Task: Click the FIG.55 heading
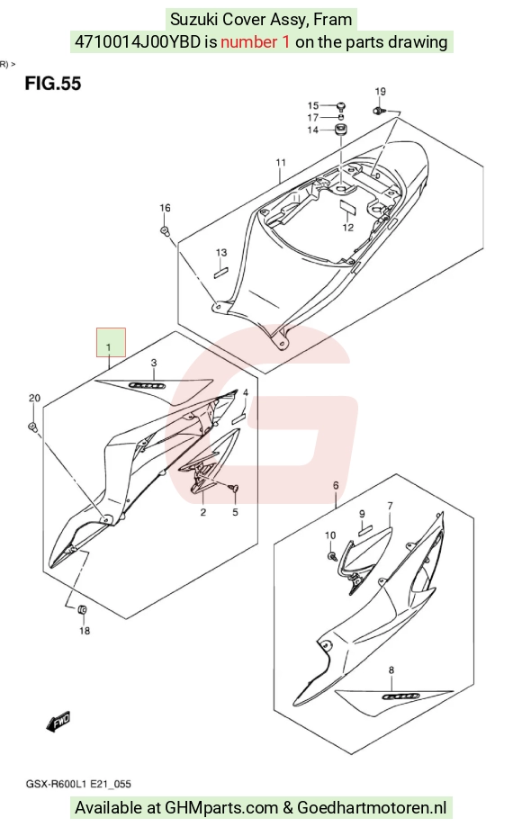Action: point(53,84)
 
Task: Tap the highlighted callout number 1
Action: point(109,347)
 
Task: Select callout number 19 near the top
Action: point(380,91)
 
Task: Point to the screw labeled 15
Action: point(341,106)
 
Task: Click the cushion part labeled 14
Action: point(340,130)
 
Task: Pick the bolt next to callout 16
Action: point(165,231)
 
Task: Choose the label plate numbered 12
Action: point(348,206)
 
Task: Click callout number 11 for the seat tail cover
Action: point(281,162)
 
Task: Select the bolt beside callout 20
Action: point(32,427)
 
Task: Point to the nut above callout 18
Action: point(82,610)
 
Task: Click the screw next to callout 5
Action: point(235,488)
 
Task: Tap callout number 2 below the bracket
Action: point(203,512)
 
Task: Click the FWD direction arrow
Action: point(58,722)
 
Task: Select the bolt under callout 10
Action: point(331,555)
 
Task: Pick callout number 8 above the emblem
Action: point(391,670)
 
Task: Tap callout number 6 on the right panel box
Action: point(336,485)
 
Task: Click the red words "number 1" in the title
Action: point(256,41)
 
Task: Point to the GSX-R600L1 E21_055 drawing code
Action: point(78,785)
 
